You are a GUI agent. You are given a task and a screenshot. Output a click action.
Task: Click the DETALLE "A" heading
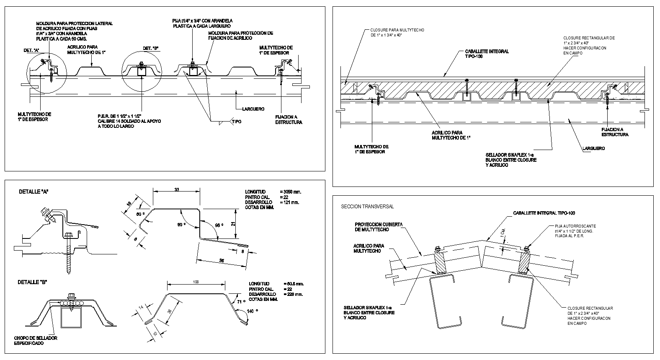pos(34,192)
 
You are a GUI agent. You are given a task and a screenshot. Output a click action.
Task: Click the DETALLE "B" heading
pos(32,282)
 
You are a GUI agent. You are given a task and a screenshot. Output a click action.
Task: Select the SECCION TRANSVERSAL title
pos(367,207)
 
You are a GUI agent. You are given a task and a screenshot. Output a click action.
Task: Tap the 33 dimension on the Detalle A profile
pos(176,190)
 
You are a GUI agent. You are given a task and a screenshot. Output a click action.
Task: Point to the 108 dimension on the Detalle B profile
pos(196,282)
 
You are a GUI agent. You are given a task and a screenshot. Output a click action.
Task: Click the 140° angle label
pos(250,311)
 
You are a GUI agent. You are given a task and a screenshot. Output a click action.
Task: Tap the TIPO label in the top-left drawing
pos(236,122)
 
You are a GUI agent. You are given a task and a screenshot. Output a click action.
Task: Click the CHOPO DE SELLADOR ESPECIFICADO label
pos(36,340)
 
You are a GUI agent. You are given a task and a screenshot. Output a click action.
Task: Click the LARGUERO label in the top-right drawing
pos(593,148)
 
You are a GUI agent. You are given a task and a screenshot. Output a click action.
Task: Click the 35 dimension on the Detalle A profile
pos(221,261)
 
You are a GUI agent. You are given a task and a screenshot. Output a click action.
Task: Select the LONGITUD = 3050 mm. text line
pos(273,192)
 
